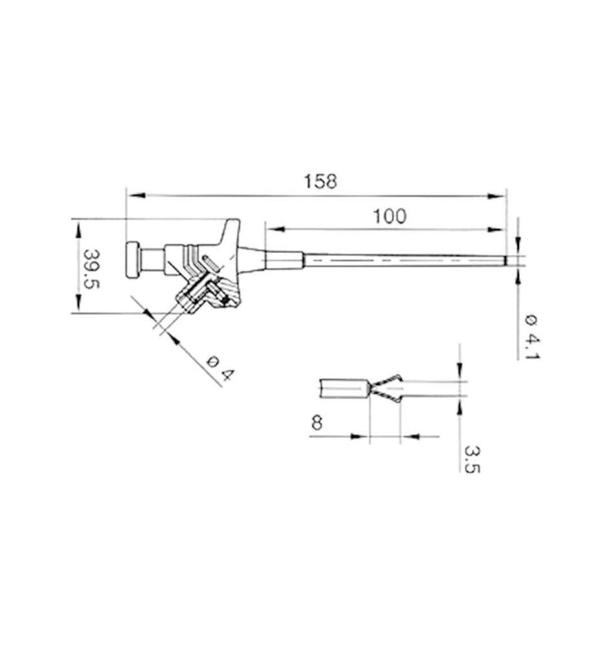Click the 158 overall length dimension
[x=320, y=182]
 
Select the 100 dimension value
[x=390, y=216]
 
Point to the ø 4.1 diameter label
[x=532, y=336]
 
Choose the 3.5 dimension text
[x=472, y=459]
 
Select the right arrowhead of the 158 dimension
[x=496, y=197]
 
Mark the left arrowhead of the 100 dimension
[x=275, y=229]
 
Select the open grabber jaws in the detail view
[x=386, y=388]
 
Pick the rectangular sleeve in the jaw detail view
[x=344, y=388]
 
